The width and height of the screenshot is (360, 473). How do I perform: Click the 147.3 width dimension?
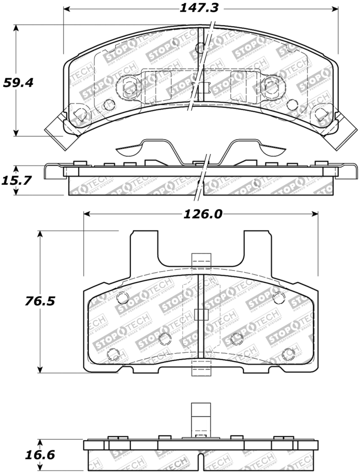tap(200, 8)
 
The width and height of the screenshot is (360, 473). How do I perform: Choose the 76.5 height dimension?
tap(40, 300)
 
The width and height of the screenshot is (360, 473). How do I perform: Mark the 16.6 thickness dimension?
tap(40, 455)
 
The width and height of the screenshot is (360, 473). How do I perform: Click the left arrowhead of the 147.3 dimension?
tap(67, 9)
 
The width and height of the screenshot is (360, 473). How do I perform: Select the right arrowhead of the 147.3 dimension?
tap(335, 9)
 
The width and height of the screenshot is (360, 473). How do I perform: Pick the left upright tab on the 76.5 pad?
tap(144, 247)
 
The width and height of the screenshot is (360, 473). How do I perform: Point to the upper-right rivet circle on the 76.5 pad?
tap(279, 297)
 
